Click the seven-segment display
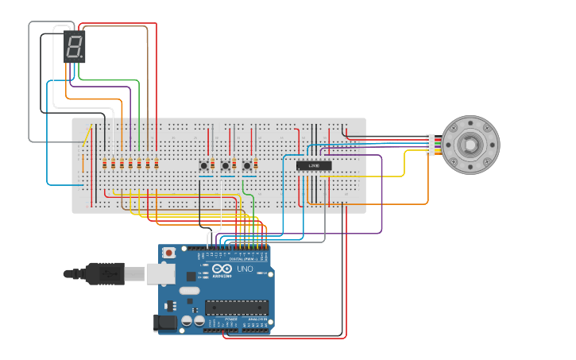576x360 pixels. pos(74,48)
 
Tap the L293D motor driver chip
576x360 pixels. pos(314,165)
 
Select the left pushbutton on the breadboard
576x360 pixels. pos(204,165)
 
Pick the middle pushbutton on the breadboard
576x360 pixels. pos(226,165)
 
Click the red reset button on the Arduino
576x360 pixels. pos(168,253)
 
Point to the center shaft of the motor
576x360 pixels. pos(470,145)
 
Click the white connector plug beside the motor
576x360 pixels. pos(431,145)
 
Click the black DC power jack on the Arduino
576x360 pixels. pos(165,323)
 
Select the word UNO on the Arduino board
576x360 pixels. pos(245,269)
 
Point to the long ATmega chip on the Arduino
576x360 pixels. pos(237,307)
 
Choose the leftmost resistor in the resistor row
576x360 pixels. pos(104,164)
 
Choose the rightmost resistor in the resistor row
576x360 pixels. pos(156,164)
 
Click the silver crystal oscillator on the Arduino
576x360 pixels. pos(189,291)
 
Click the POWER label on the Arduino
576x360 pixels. pos(230,319)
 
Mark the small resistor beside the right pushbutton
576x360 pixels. pos(256,165)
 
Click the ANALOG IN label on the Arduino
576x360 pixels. pos(257,319)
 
